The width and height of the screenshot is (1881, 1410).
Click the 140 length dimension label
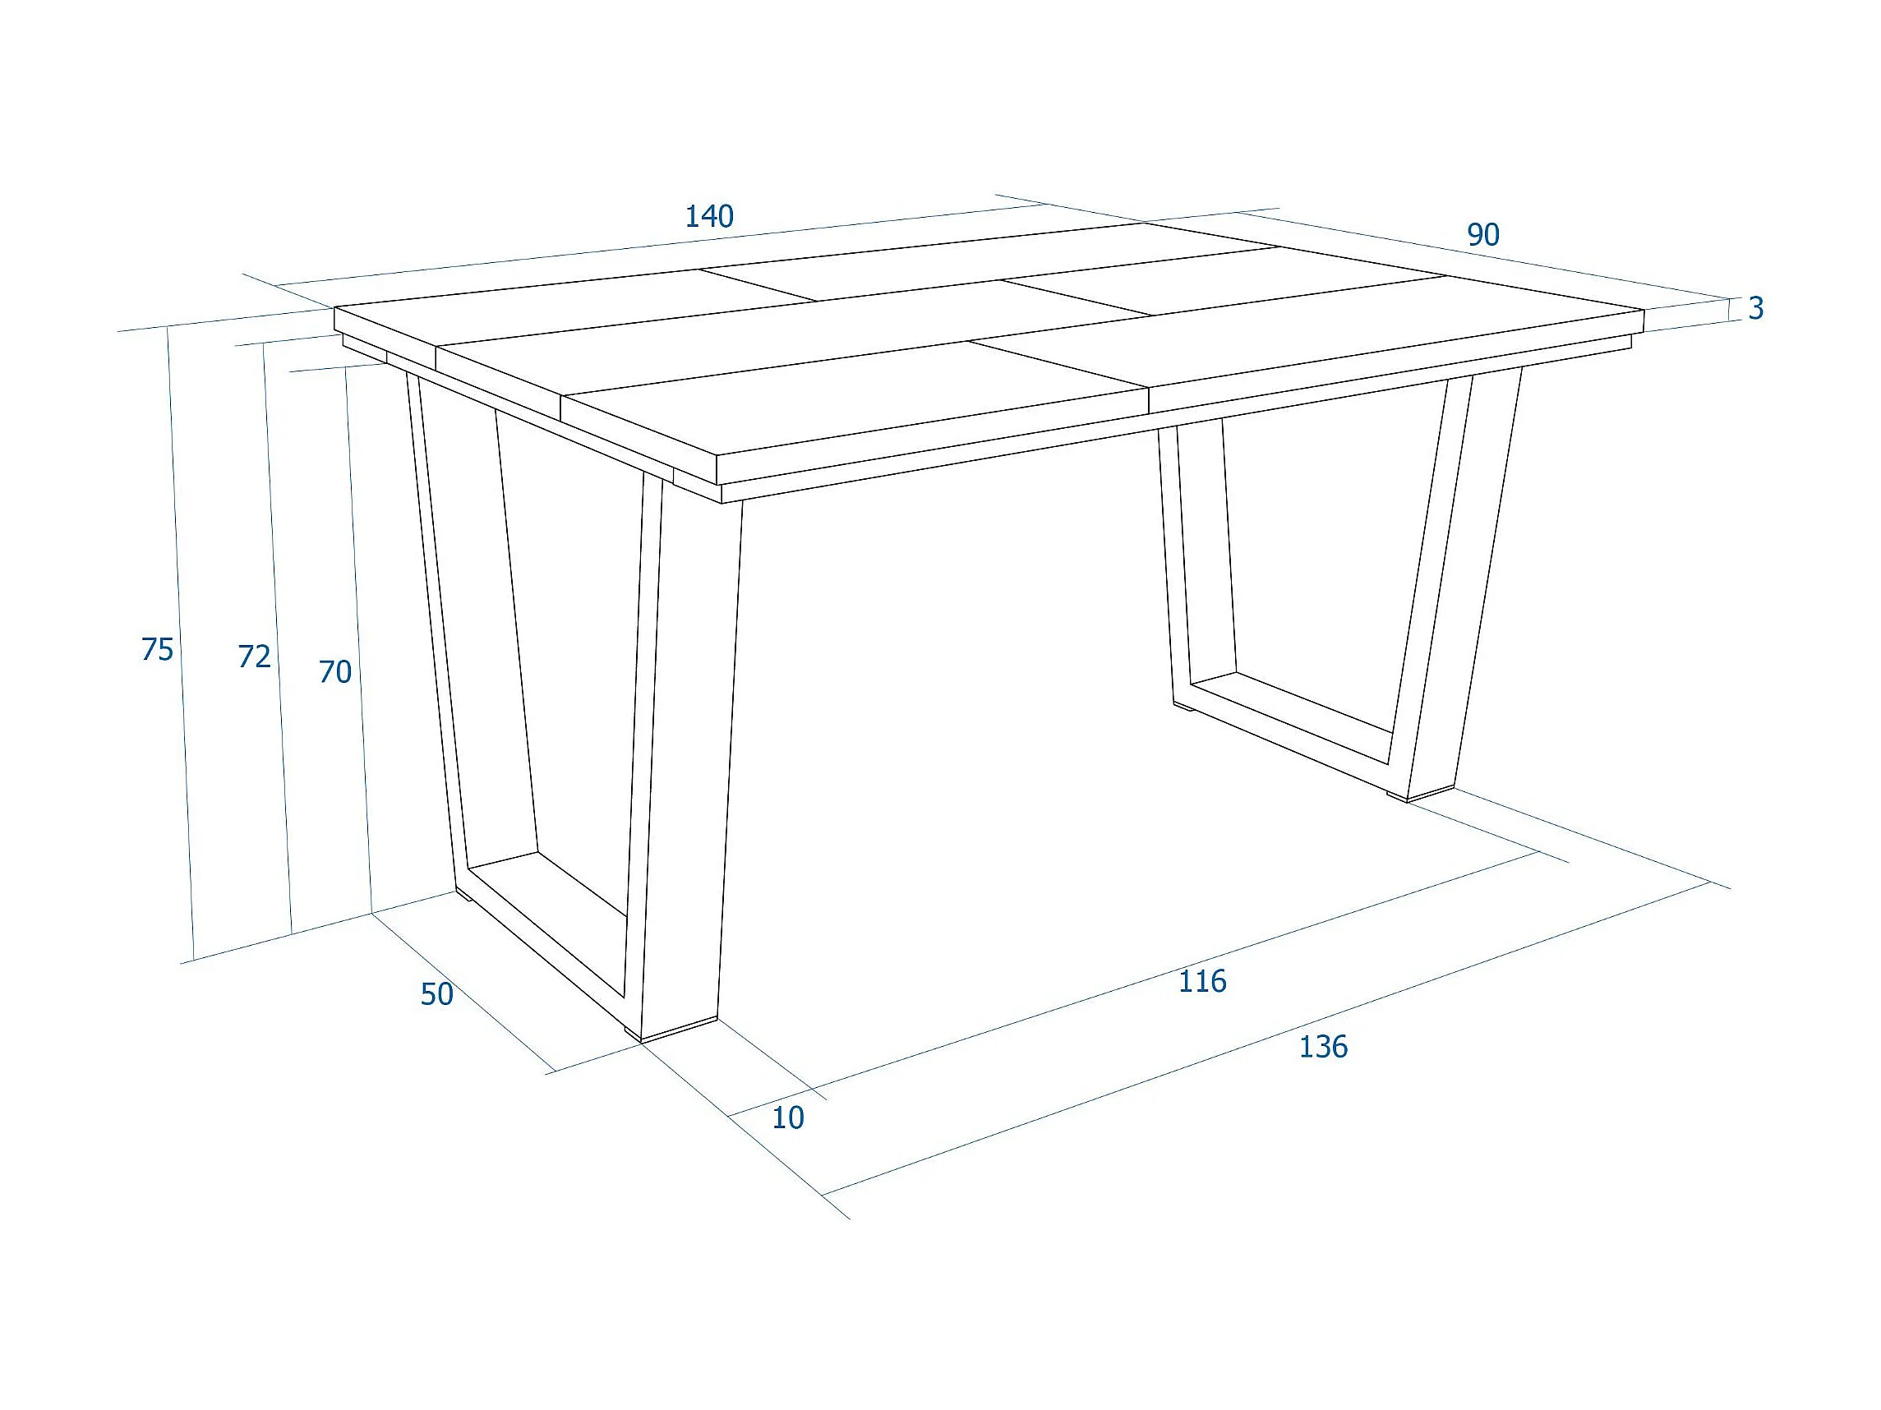click(709, 217)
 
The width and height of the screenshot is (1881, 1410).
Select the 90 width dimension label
click(1483, 235)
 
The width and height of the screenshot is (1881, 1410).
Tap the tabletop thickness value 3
click(1756, 308)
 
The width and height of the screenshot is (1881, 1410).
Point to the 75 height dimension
click(157, 650)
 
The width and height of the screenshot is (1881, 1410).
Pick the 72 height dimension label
click(254, 657)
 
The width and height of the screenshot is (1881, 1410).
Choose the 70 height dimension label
click(335, 673)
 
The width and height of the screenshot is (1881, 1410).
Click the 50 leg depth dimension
click(437, 994)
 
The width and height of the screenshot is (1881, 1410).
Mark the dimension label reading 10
click(787, 1117)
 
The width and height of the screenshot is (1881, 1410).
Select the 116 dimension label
click(1202, 981)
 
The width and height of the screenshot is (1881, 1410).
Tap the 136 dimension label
click(1323, 1047)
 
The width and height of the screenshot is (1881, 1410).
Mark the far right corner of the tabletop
click(1644, 310)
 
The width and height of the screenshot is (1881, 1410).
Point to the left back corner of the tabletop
click(335, 308)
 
